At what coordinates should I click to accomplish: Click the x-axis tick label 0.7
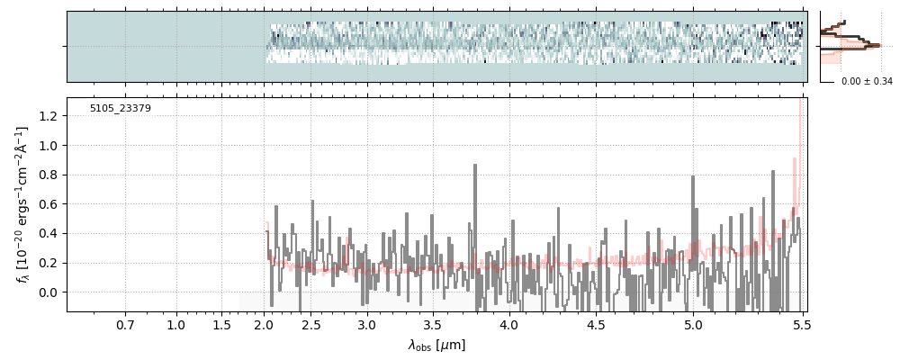125,324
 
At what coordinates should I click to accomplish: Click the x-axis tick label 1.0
176,324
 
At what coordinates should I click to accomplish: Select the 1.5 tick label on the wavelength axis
221,324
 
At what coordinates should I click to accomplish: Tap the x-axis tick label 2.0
265,324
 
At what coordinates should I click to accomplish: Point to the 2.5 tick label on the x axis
310,324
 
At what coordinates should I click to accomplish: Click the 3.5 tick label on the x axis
432,324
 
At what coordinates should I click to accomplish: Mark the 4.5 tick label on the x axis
596,324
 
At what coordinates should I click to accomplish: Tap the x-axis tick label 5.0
693,324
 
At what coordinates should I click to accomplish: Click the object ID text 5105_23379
121,109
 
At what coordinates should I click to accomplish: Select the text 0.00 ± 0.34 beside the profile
867,82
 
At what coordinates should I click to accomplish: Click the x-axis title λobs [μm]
436,345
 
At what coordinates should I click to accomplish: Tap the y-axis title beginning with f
22,205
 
